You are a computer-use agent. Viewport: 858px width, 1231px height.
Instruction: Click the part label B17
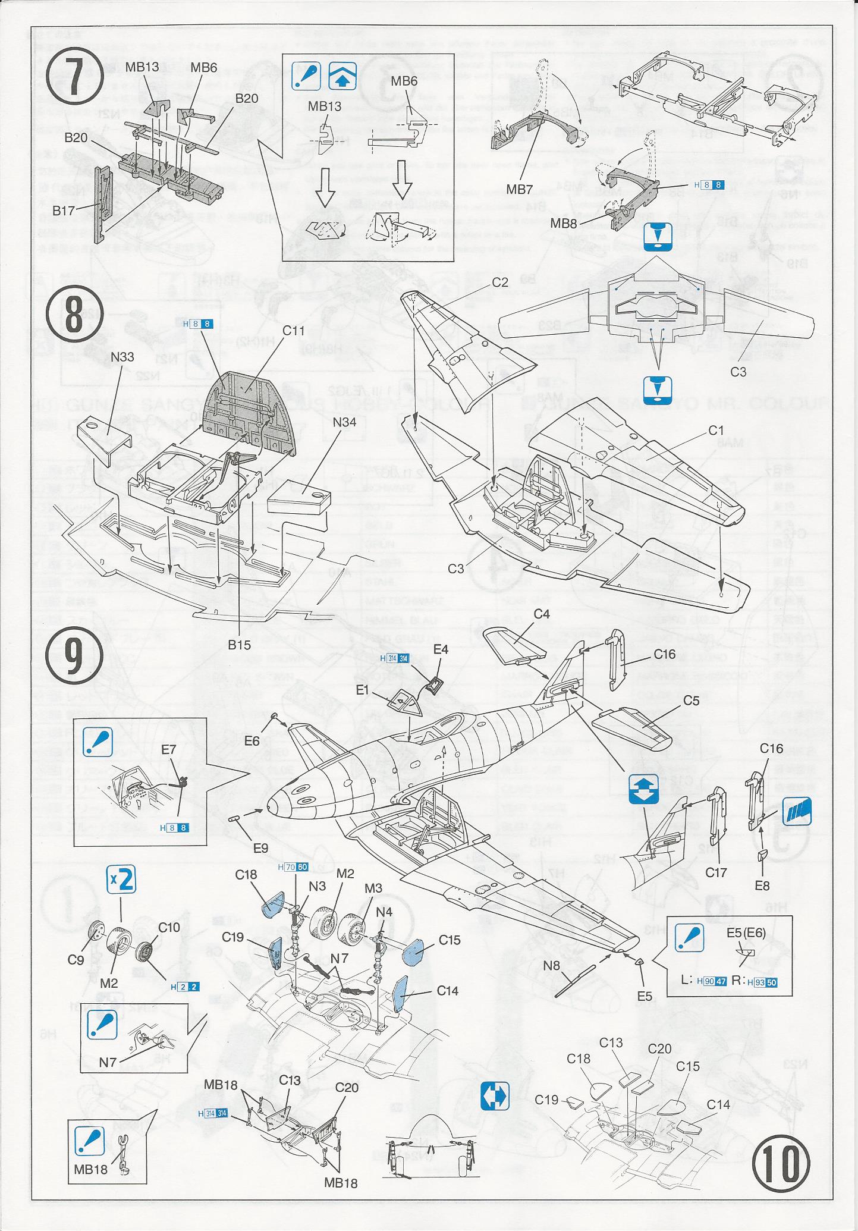64,210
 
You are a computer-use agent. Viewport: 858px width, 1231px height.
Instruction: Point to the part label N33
122,357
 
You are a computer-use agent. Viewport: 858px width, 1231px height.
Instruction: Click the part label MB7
519,190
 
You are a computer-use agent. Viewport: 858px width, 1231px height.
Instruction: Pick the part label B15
239,644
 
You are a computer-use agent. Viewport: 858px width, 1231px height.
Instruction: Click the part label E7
169,749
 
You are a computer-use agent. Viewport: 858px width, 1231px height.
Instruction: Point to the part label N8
552,966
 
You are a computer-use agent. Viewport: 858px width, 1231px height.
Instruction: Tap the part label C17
716,872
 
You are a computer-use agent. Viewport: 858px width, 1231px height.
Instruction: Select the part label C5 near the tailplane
691,700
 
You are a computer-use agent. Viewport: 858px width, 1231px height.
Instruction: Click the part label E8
762,885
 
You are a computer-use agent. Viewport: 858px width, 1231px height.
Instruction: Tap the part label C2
500,282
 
